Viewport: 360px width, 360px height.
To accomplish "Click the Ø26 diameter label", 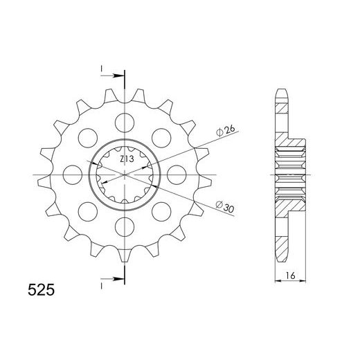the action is [x=225, y=131].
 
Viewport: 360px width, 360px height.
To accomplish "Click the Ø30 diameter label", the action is [x=225, y=206].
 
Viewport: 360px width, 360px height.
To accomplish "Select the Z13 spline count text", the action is [x=127, y=159].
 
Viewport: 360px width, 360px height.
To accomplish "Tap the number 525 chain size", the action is [x=42, y=290].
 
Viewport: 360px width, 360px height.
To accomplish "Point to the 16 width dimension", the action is [x=290, y=276].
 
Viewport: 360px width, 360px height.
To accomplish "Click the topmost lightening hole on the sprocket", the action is [x=125, y=123].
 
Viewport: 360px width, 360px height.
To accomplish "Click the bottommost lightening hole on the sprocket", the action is [x=125, y=226].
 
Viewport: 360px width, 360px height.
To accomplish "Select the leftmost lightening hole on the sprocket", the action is [x=73, y=174].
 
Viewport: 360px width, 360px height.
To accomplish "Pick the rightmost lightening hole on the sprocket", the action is [x=177, y=174].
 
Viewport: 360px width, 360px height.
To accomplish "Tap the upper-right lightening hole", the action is [x=161, y=138].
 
